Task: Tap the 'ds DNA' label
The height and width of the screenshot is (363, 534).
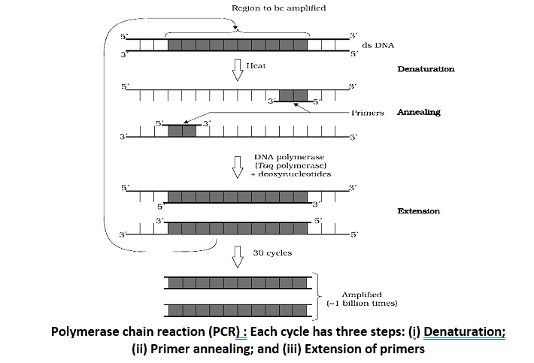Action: click(379, 46)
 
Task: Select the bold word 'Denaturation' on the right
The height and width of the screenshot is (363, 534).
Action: click(426, 69)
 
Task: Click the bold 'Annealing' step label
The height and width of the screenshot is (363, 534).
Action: click(419, 113)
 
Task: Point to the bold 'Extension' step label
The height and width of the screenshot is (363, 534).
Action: click(418, 211)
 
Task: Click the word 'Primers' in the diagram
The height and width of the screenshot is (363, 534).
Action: click(368, 113)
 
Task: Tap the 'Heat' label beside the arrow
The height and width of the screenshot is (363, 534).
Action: click(257, 67)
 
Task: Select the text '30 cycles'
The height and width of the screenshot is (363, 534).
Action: click(274, 253)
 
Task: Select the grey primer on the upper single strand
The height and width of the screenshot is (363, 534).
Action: click(293, 95)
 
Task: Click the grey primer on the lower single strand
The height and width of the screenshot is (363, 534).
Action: click(181, 130)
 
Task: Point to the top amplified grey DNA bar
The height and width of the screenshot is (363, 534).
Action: click(237, 283)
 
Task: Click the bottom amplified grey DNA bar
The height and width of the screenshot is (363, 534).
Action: click(237, 310)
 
